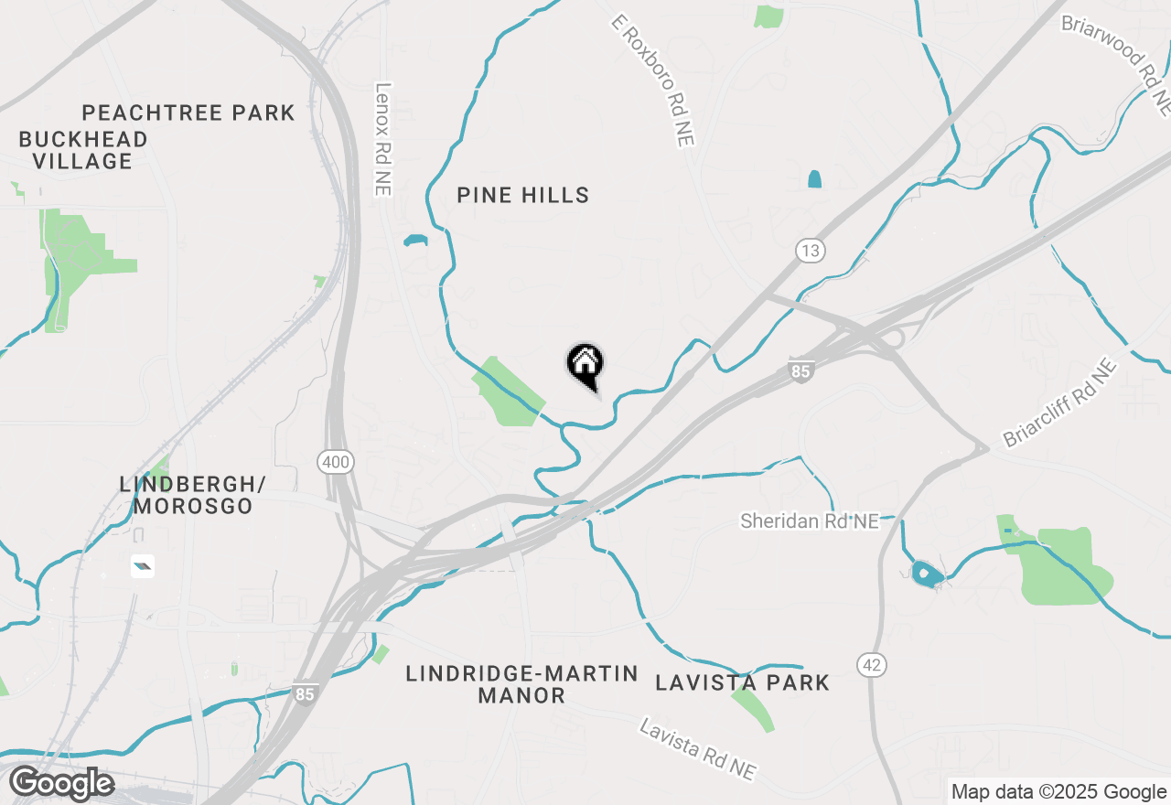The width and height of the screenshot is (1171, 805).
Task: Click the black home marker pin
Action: pos(585,366)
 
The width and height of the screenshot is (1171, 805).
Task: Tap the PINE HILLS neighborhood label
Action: pos(523,195)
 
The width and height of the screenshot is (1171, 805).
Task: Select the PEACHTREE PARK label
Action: pos(188,113)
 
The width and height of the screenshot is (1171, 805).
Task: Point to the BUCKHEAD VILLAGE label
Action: pos(83,150)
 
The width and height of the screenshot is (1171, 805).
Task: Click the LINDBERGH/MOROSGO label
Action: pos(192,494)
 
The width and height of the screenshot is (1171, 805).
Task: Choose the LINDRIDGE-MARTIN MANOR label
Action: pos(522,684)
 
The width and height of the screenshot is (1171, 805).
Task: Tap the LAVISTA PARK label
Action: pos(743,682)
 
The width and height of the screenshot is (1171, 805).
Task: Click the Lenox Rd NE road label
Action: pos(382,139)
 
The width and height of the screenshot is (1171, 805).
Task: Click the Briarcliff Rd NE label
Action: pos(1060,402)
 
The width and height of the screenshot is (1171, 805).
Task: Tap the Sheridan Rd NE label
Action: pos(810,521)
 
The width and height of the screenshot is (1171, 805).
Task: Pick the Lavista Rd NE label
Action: pos(699,749)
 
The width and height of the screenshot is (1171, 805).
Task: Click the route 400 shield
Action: pos(336,462)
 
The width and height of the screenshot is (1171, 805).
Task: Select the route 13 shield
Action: pos(810,251)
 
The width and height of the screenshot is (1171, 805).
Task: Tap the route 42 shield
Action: pos(873,665)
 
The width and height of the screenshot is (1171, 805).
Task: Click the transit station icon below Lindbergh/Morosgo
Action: pos(142,566)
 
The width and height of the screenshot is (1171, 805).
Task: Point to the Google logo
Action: pos(61,783)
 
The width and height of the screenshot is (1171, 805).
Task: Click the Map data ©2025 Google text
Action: pos(1058,791)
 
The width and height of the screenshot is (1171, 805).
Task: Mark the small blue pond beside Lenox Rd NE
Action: pos(415,241)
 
